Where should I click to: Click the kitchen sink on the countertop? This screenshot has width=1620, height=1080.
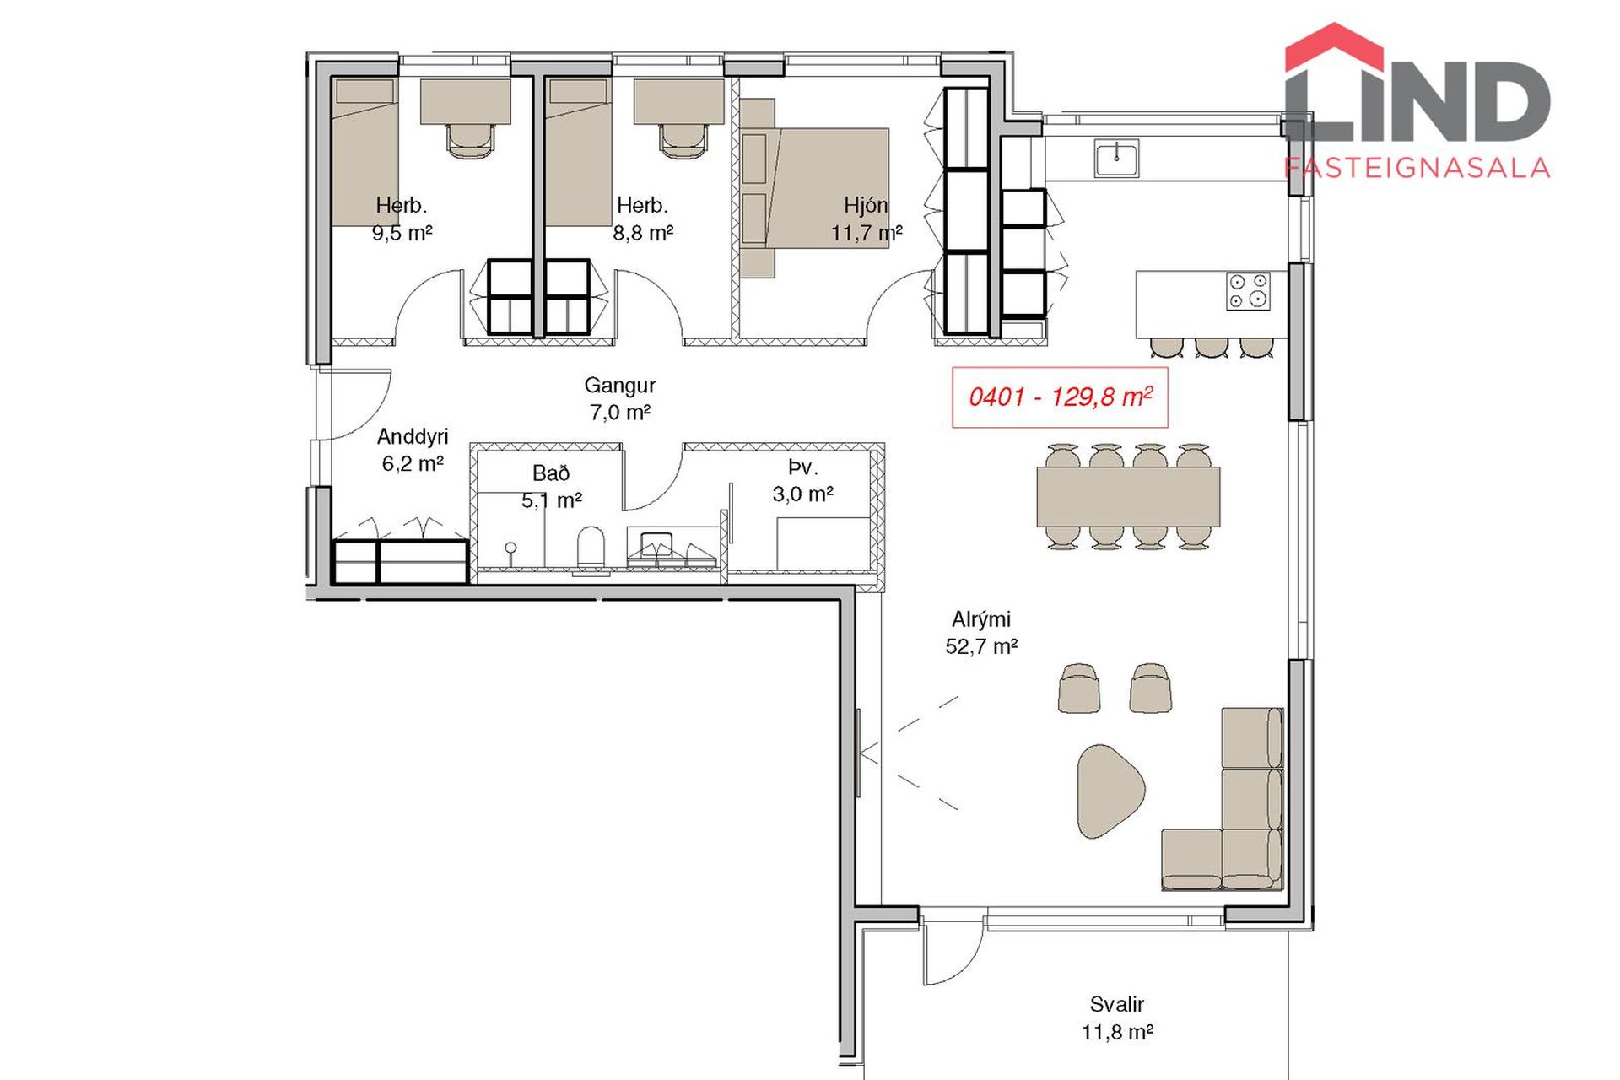pyautogui.click(x=1116, y=159)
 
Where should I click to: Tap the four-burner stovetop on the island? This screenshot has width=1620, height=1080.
pyautogui.click(x=1248, y=291)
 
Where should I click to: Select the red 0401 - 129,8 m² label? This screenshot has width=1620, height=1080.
pyautogui.click(x=1060, y=397)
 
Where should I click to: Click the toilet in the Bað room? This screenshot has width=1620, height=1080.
pyautogui.click(x=591, y=548)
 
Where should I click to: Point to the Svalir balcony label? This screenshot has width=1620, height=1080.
pyautogui.click(x=1116, y=1018)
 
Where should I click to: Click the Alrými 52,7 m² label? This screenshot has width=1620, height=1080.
pyautogui.click(x=981, y=633)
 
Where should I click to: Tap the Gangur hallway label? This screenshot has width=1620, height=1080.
pyautogui.click(x=620, y=398)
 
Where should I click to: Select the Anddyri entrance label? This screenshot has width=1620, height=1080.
pyautogui.click(x=413, y=450)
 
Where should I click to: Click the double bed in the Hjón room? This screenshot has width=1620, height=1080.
pyautogui.click(x=815, y=187)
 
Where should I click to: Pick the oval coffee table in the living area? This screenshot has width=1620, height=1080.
pyautogui.click(x=1110, y=791)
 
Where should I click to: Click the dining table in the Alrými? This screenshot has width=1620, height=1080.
pyautogui.click(x=1128, y=496)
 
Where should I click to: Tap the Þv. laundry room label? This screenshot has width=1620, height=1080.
pyautogui.click(x=803, y=480)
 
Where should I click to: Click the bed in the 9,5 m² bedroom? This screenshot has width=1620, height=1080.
pyautogui.click(x=364, y=153)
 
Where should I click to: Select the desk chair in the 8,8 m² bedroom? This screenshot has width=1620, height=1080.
pyautogui.click(x=679, y=138)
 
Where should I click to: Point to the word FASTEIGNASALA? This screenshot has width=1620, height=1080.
pyautogui.click(x=1417, y=167)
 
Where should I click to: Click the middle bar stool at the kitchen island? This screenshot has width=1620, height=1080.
pyautogui.click(x=1211, y=347)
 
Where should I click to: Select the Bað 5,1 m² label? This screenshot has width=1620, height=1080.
pyautogui.click(x=551, y=487)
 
